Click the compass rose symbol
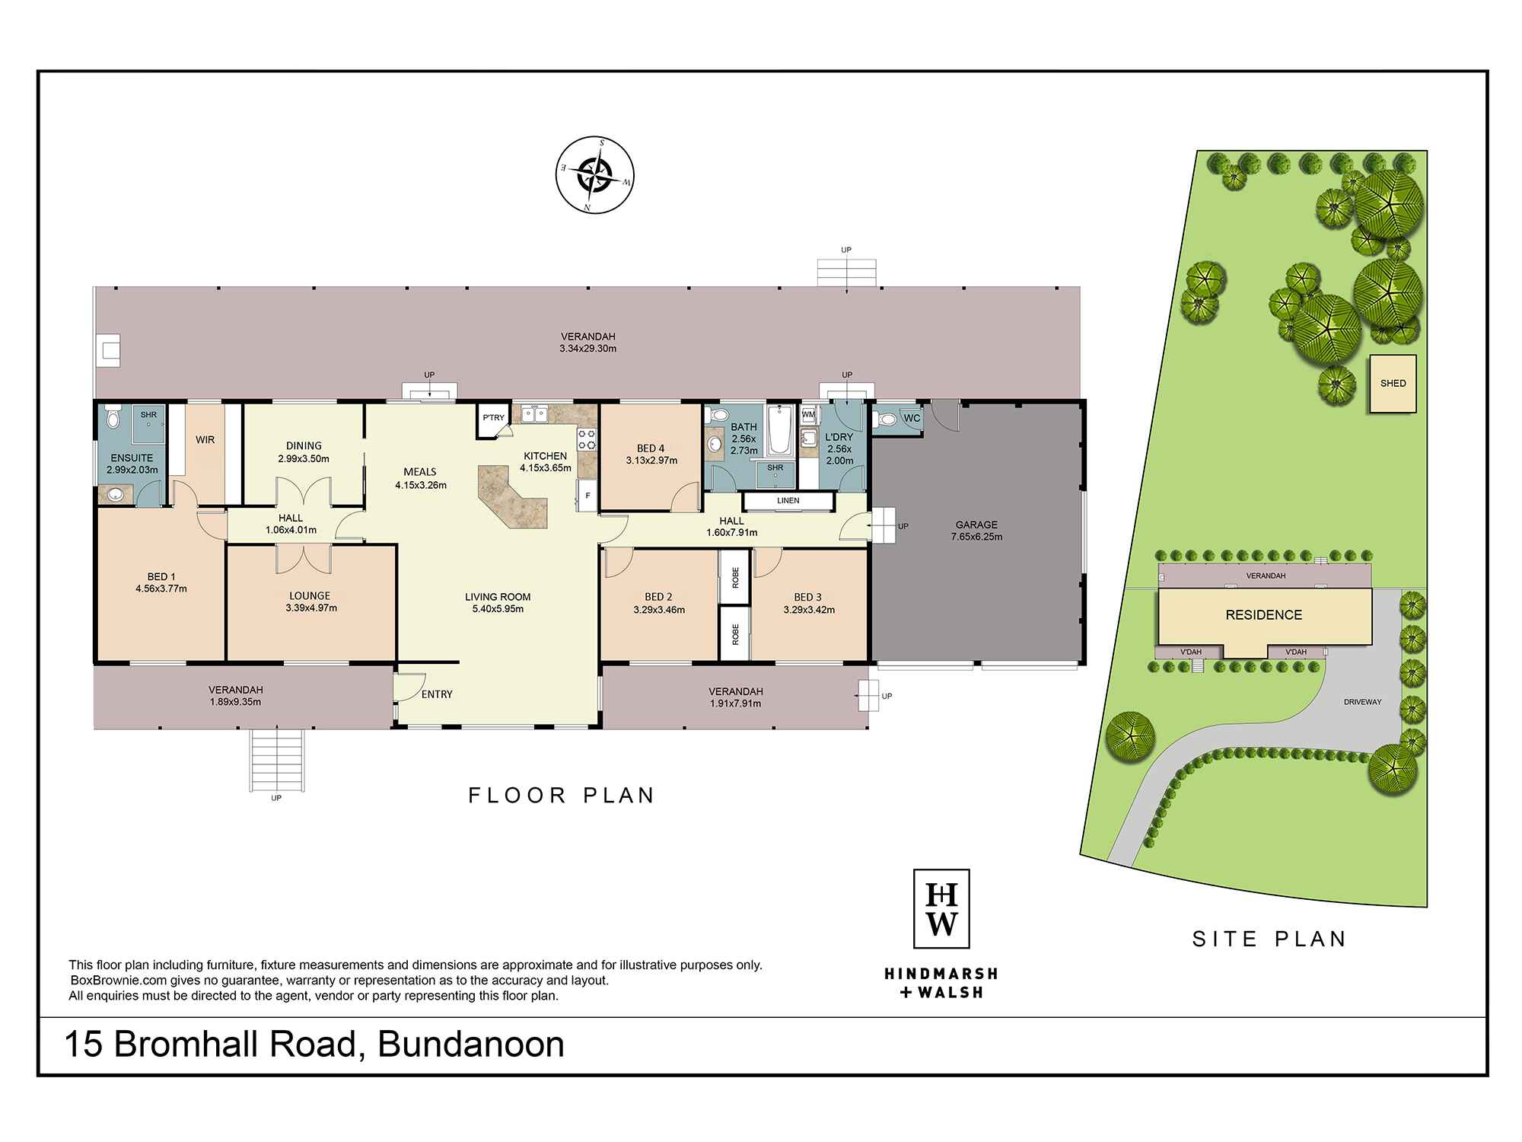(x=595, y=174)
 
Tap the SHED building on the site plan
(x=1393, y=384)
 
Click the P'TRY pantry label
(x=493, y=417)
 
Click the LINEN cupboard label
(x=788, y=501)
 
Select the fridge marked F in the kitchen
(x=587, y=496)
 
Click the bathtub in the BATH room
(x=779, y=431)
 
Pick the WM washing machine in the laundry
(x=808, y=415)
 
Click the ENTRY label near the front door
(x=436, y=694)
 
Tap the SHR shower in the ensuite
(x=148, y=421)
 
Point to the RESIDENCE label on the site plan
(x=1263, y=615)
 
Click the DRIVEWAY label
(x=1361, y=702)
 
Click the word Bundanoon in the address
(x=470, y=1045)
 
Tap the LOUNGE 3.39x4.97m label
(x=310, y=601)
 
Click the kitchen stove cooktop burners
(x=587, y=439)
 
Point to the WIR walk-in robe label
(x=205, y=440)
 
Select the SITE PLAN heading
(x=1269, y=939)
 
